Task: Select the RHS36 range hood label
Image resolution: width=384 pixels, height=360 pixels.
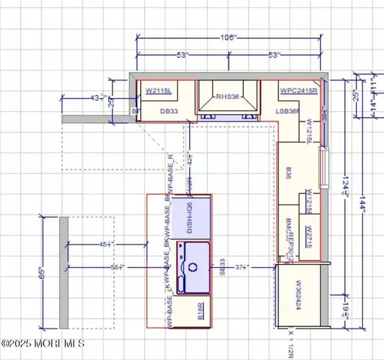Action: point(227,96)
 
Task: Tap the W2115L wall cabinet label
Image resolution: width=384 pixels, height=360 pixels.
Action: point(158,91)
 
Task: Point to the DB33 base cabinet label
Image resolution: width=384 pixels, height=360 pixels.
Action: point(169,110)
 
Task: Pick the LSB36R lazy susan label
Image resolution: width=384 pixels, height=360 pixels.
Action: point(288,111)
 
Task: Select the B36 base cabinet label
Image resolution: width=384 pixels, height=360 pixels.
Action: point(288,173)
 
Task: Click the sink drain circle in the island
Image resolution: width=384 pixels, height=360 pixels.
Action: point(192,265)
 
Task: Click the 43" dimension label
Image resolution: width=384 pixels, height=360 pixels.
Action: point(94,98)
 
